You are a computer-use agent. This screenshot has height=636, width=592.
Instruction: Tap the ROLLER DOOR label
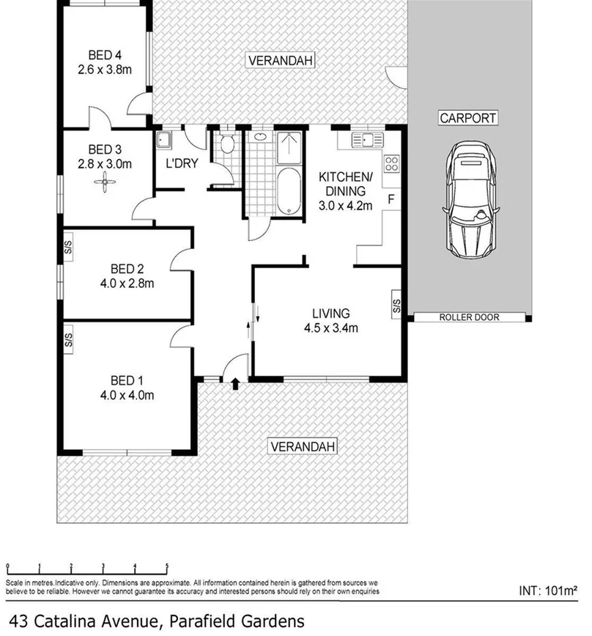coord(469,317)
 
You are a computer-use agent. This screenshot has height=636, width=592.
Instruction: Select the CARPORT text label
coord(468,117)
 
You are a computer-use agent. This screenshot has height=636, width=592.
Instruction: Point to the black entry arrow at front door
coord(235,382)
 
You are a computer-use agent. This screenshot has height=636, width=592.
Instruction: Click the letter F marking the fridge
coord(391,199)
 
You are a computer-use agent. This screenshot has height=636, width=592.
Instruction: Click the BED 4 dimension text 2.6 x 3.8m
coord(104,70)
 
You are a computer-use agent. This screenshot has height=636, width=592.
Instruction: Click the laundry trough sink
coord(166,138)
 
